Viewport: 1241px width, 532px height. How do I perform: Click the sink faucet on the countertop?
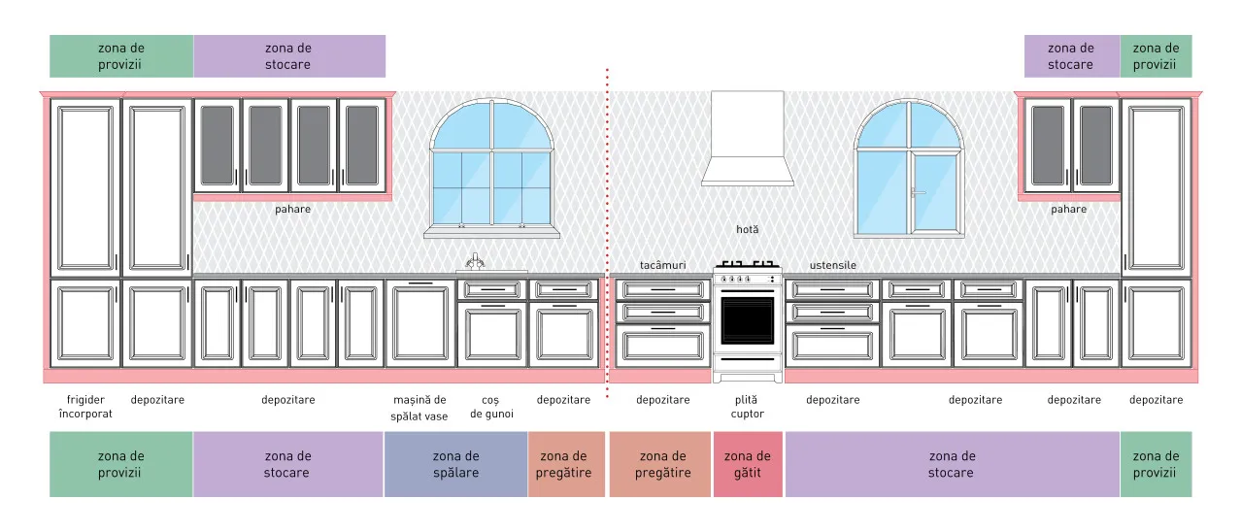click(475, 261)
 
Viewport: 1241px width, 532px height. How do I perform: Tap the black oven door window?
click(748, 320)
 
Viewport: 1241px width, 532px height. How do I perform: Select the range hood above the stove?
click(748, 139)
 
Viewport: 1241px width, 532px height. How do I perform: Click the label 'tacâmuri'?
click(662, 265)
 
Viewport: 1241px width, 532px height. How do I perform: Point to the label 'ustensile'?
click(833, 265)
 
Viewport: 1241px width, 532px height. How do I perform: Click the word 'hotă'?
click(748, 229)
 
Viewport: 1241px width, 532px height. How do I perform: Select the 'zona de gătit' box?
click(748, 464)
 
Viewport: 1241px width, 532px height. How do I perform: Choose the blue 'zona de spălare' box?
click(455, 464)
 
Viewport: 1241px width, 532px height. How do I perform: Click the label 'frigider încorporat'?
click(85, 407)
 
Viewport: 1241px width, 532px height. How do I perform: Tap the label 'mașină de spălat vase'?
click(419, 408)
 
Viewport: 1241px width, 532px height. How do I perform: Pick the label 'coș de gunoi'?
click(491, 407)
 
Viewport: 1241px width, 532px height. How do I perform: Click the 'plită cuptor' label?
click(747, 407)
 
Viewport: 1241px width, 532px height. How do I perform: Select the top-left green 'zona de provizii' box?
click(121, 56)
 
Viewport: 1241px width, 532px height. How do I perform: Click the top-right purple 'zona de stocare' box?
click(1071, 56)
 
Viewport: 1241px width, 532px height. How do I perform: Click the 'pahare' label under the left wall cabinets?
click(292, 210)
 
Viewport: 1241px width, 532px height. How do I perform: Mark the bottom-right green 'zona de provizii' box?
click(1156, 464)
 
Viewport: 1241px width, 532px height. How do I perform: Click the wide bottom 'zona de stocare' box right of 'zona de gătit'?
click(952, 464)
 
